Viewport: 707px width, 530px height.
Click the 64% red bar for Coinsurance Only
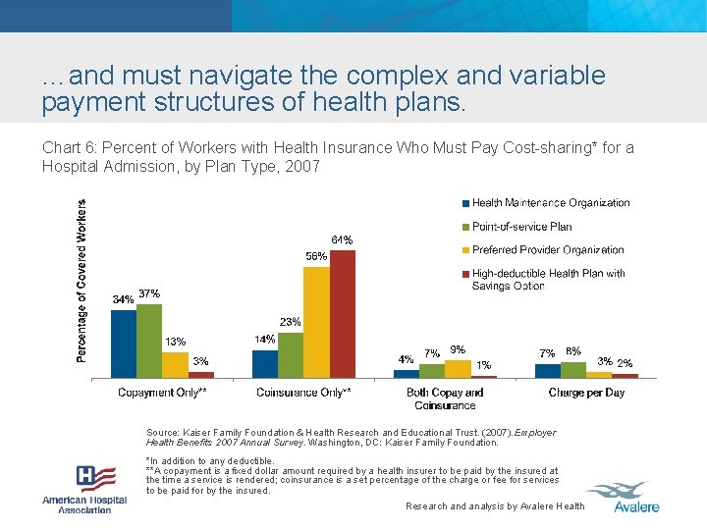[x=342, y=314]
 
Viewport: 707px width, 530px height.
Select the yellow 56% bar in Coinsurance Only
[x=316, y=322]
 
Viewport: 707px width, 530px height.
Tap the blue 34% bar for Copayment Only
[x=124, y=344]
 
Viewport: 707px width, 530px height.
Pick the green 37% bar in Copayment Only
[x=149, y=341]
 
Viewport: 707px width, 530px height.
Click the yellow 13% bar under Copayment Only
[x=175, y=365]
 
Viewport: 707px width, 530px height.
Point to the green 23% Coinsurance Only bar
[x=291, y=355]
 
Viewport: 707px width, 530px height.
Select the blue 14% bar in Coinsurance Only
[x=265, y=364]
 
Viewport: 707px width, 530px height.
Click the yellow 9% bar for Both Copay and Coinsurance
[x=458, y=369]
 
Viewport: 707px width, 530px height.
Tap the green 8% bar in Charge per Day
[x=573, y=370]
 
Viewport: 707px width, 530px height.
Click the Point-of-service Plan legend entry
[x=521, y=227]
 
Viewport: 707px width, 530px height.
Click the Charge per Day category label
[x=586, y=393]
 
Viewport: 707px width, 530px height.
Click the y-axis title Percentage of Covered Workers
[x=82, y=281]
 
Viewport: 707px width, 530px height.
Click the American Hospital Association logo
[x=84, y=488]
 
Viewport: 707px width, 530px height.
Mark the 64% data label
[x=342, y=240]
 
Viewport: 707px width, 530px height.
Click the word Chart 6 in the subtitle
[x=64, y=148]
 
